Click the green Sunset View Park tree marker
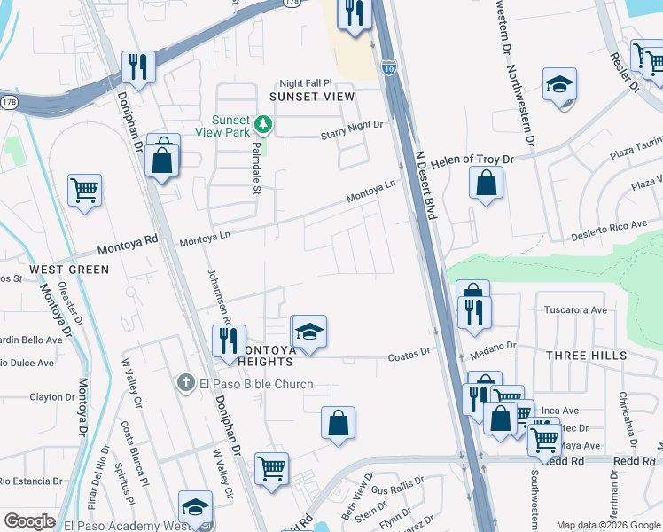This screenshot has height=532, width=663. coord(262,123)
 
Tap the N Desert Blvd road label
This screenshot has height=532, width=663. coord(426,184)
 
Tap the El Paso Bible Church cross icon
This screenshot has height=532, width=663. coord(185,383)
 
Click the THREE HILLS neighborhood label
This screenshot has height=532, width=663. coord(586,356)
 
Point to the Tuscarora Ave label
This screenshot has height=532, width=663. coord(575,310)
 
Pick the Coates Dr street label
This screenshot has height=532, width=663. coord(409,355)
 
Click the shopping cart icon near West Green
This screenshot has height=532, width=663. coord(84,189)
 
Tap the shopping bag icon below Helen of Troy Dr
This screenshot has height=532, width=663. coord(487,182)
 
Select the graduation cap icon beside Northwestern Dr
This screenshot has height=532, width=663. coord(559,84)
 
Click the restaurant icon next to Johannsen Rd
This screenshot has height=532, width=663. coord(230,340)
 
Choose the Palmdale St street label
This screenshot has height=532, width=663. coord(257,168)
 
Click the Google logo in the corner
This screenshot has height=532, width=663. coord(29,521)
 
